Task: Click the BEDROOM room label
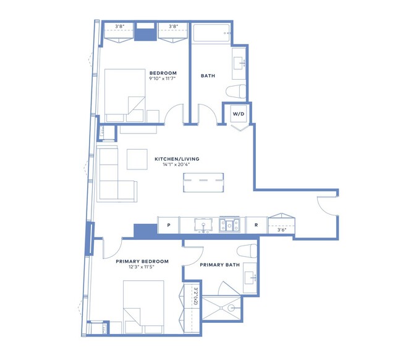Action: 163,73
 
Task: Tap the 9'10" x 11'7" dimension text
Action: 162,79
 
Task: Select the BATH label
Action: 208,75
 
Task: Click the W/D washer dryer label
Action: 239,114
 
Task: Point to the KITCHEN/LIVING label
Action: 177,159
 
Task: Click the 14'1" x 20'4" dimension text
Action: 176,165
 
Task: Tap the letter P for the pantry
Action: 169,225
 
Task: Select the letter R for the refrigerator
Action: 256,225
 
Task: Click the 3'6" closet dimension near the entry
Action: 282,229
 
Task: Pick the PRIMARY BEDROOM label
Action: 142,262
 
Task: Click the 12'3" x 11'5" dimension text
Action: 142,267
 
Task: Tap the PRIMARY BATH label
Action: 219,265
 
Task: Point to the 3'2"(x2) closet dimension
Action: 195,296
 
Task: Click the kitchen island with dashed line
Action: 203,182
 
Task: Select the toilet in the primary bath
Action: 247,251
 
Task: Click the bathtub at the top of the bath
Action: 211,33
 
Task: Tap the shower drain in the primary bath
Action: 221,308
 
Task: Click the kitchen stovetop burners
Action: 229,225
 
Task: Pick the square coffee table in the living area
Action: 137,160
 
